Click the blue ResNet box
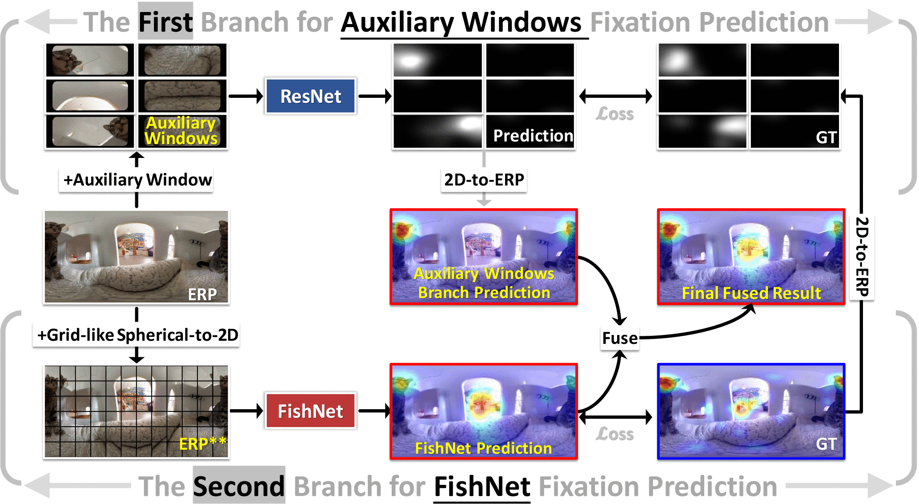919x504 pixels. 310,96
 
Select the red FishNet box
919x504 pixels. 310,411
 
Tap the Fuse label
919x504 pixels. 620,338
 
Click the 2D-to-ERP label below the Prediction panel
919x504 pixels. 484,180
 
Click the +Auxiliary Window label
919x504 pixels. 137,180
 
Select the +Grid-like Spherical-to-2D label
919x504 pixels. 137,335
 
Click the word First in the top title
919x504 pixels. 165,22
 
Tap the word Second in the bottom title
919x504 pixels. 239,486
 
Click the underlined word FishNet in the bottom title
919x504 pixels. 482,486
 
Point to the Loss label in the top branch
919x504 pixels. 614,114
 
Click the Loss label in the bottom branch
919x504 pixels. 614,434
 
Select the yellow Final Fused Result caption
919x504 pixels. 751,293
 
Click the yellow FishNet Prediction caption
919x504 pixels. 483,448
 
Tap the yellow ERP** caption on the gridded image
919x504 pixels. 202,444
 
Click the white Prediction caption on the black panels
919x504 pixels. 533,136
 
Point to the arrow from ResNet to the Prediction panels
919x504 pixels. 374,96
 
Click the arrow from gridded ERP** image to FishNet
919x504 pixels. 246,411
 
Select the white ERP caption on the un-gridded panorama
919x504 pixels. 202,294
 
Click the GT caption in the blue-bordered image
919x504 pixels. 826,444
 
